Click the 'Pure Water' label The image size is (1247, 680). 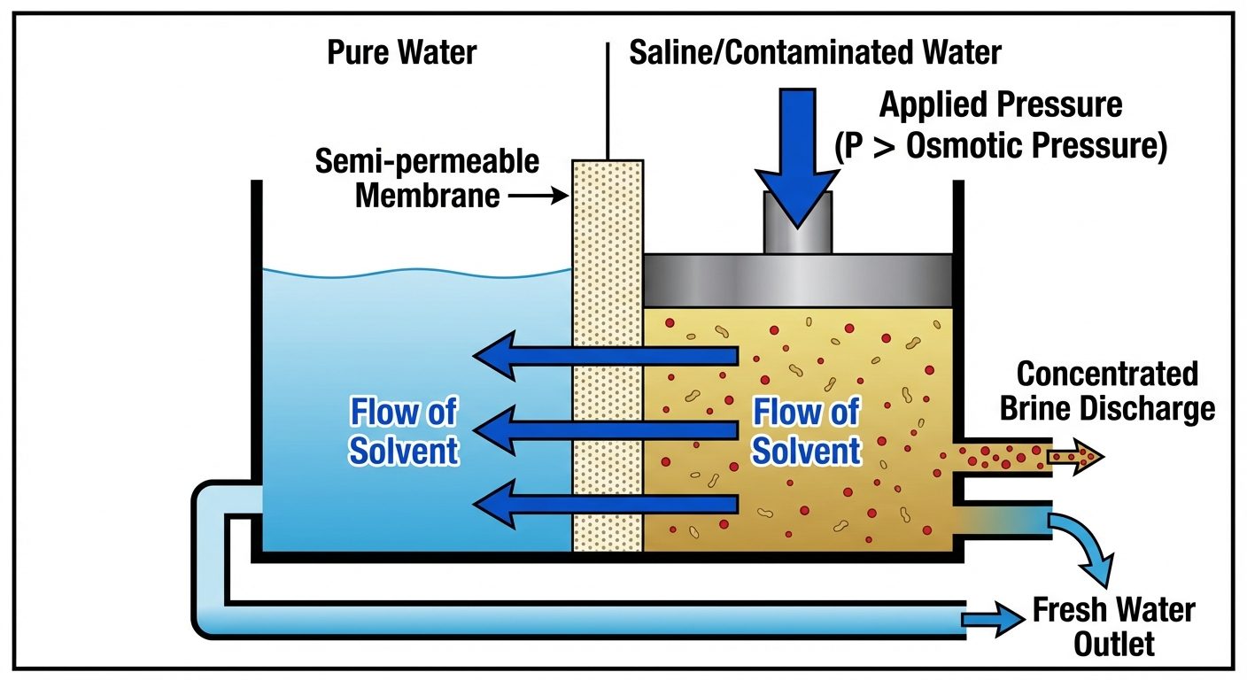(401, 53)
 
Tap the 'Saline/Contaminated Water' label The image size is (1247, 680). (815, 53)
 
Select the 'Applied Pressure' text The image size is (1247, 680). (1000, 105)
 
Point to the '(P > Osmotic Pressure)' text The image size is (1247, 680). (1000, 145)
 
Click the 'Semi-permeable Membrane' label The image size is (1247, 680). (428, 178)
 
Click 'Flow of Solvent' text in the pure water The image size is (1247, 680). (404, 432)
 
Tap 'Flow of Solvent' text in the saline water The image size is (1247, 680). (806, 432)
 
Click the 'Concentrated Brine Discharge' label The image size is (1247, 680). (1106, 391)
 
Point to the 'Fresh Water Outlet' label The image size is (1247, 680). (1113, 627)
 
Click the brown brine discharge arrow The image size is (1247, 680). (1075, 458)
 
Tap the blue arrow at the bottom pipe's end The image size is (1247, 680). (993, 620)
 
